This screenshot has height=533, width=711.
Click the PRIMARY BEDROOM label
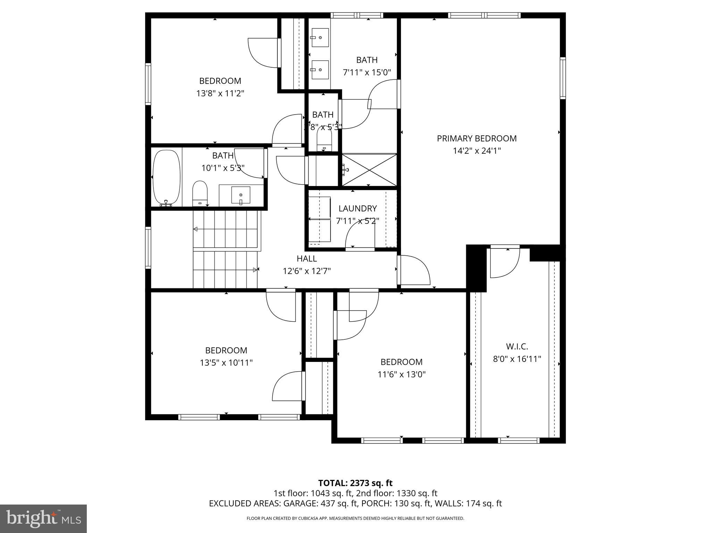pos(476,138)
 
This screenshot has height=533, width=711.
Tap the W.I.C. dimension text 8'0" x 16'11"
pos(517,359)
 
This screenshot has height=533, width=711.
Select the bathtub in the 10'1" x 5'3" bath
pos(167,178)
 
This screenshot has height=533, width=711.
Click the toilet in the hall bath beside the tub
pos(200,193)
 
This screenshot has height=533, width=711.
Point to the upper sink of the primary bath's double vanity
pos(320,37)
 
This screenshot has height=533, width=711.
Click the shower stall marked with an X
pos(369,170)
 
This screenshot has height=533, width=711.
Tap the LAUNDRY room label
pos(357,209)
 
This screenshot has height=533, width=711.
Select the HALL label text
pos(307,259)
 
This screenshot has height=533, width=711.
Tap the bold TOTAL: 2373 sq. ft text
pos(355,483)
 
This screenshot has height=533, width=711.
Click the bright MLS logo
pos(43,518)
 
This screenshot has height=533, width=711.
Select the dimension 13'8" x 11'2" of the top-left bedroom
pos(220,93)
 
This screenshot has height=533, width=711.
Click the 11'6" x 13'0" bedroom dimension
pos(401,374)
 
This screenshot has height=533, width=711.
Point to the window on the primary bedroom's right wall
pos(562,78)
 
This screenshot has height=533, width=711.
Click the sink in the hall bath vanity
pos(241,195)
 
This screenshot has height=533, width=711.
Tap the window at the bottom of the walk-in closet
pos(519,440)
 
